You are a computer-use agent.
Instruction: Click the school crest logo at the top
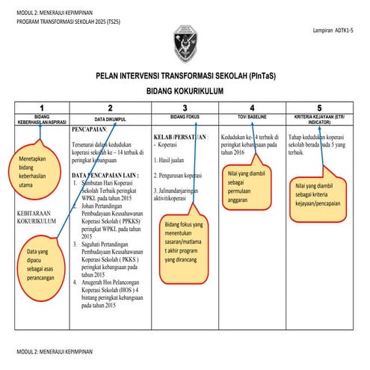(x=185, y=42)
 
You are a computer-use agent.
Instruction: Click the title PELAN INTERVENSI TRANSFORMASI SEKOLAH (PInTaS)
(x=185, y=76)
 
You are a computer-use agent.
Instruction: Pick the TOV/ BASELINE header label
(x=252, y=117)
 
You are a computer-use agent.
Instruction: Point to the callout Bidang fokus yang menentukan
(x=184, y=242)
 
